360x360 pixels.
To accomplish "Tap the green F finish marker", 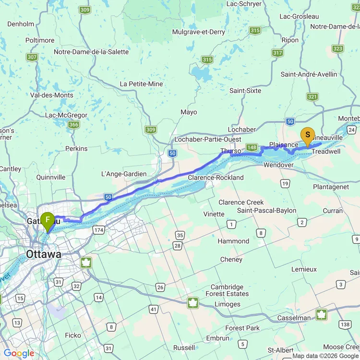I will click(48, 221).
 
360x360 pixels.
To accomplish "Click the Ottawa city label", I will click(44, 254).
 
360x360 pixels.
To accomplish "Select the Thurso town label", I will click(230, 151).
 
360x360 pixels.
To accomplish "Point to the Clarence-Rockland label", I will click(216, 178).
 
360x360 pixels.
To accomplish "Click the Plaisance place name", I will click(284, 144).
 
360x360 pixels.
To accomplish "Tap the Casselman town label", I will click(294, 318).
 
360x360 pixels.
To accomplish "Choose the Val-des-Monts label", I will click(51, 95).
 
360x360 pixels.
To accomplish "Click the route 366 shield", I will click(73, 125).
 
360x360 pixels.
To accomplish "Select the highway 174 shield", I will click(99, 230).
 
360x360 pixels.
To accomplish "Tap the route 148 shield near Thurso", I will click(252, 147).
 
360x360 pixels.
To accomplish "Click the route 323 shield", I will click(337, 48).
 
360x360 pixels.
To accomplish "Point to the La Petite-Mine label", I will click(141, 84).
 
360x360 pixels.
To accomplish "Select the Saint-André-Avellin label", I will click(309, 74).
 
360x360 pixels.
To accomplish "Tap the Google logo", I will click(19, 354).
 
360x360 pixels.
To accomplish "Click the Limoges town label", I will click(228, 304).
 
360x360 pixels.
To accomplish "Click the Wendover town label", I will click(278, 165).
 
